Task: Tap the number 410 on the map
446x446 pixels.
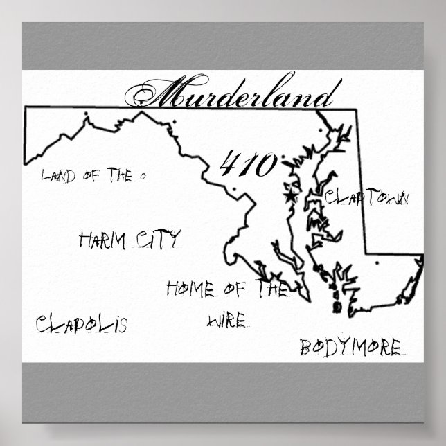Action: [x=249, y=165]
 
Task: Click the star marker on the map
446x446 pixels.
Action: [x=289, y=196]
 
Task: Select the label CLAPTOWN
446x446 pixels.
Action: [x=368, y=198]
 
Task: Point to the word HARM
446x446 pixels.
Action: [x=102, y=241]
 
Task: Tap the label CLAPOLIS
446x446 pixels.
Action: [x=82, y=323]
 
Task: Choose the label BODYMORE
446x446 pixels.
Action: [x=350, y=347]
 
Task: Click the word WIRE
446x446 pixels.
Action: [x=226, y=321]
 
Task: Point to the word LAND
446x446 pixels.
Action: [x=59, y=175]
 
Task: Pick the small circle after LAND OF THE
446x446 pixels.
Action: [x=142, y=177]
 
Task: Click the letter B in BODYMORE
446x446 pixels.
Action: [x=305, y=348]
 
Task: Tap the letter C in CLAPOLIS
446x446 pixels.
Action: [x=42, y=323]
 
